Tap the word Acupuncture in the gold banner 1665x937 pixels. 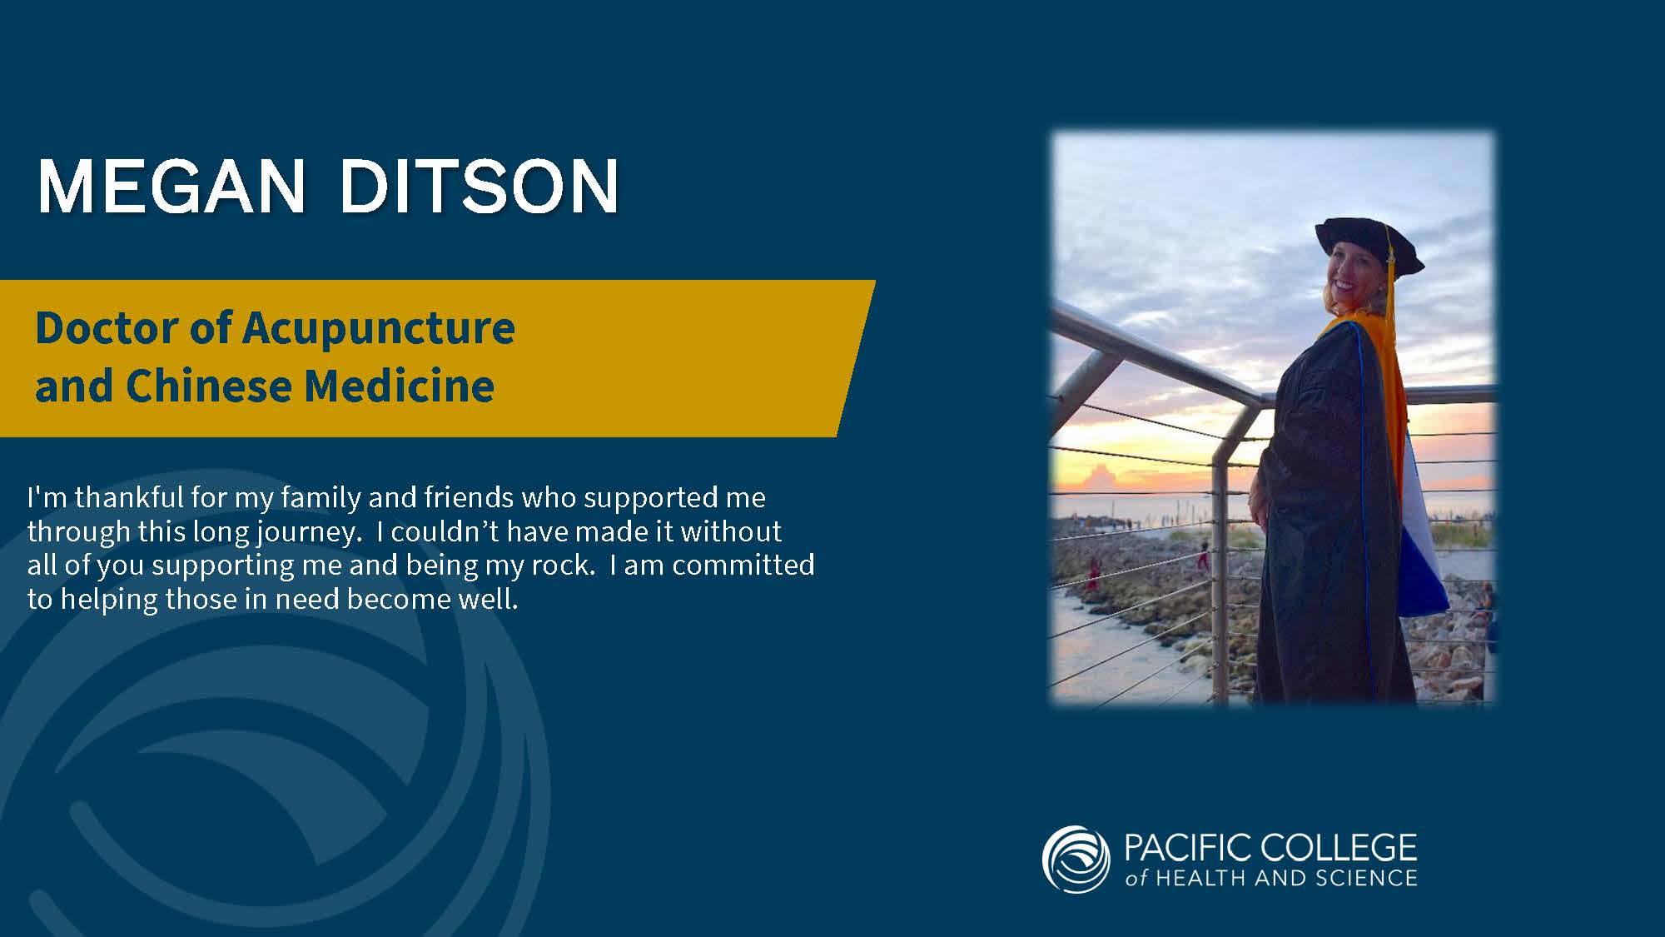coord(379,329)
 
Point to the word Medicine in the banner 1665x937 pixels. coord(400,386)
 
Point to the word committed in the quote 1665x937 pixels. coord(743,565)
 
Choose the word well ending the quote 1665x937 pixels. coord(489,599)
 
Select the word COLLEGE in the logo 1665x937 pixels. coord(1339,848)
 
